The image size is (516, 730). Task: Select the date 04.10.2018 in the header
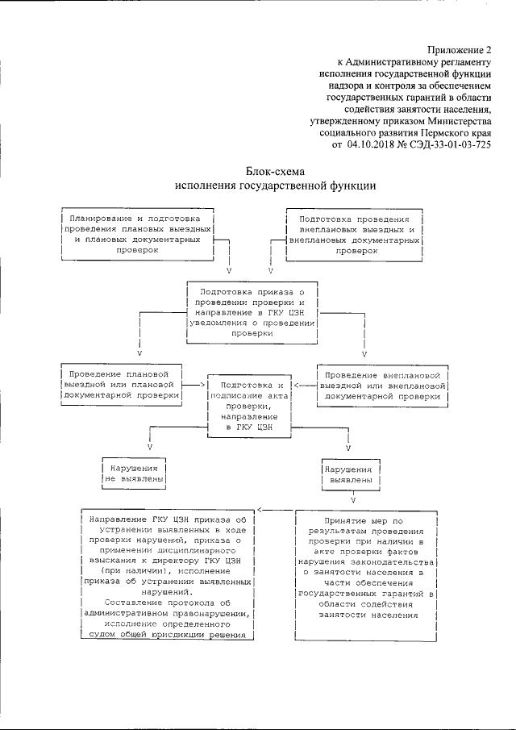(372, 145)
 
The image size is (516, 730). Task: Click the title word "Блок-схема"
(274, 171)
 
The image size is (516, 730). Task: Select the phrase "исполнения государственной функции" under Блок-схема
(274, 185)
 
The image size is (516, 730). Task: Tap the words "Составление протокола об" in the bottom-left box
(169, 602)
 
